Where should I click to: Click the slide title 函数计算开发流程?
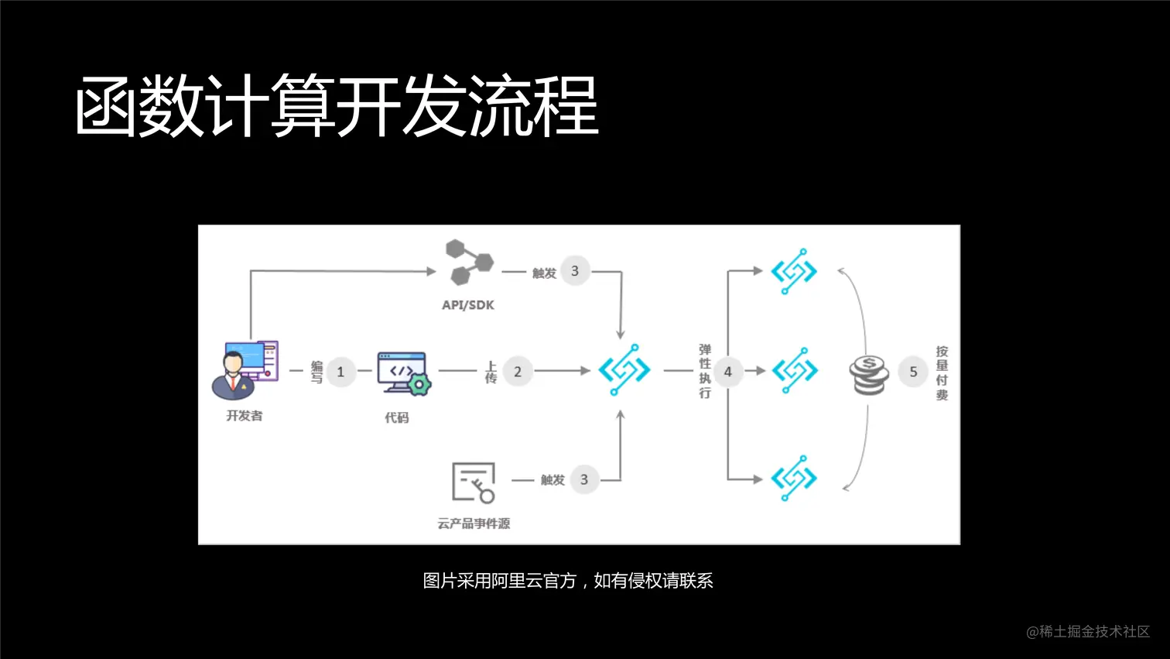[337, 106]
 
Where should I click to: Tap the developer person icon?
[243, 369]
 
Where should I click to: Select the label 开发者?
[245, 416]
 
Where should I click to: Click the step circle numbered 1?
[340, 372]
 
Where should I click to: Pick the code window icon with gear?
[403, 374]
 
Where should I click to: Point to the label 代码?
[397, 418]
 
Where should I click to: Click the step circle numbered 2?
[518, 372]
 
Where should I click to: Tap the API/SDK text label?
[468, 305]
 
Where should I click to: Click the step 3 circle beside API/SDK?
[575, 271]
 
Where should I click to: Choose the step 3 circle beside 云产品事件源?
[584, 480]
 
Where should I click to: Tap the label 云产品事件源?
[474, 523]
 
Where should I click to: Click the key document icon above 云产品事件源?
[473, 483]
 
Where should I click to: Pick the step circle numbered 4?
[727, 372]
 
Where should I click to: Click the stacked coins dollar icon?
[869, 374]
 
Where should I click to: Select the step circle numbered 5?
[913, 372]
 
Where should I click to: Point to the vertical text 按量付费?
[942, 372]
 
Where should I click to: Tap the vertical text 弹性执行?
[705, 371]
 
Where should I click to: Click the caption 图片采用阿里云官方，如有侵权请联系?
[568, 581]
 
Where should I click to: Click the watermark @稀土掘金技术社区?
[1088, 632]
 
